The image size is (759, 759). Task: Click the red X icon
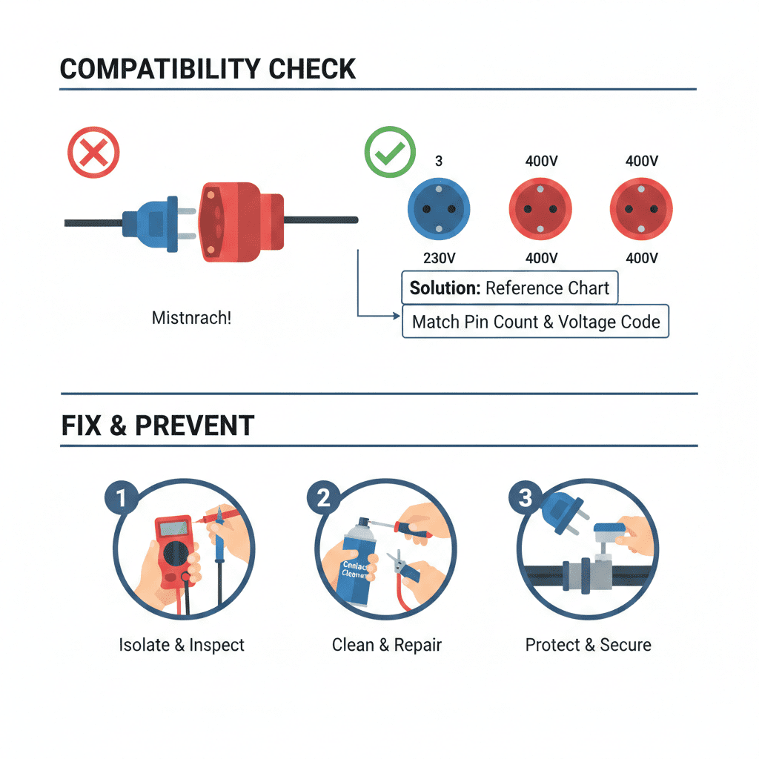93,153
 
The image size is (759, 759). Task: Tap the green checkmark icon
388,152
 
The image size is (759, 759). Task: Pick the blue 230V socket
440,208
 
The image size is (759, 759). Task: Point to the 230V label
440,258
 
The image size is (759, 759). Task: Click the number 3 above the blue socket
439,161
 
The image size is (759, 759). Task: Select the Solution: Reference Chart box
509,288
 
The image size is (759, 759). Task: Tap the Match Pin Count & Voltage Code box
535,322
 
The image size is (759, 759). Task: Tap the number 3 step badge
525,498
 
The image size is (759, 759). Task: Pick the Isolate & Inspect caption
182,645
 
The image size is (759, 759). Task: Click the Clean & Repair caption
386,645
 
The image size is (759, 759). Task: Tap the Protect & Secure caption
588,645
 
